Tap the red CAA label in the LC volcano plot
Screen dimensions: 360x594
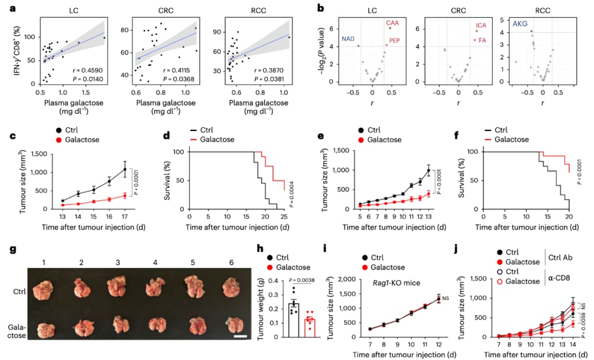click(392, 23)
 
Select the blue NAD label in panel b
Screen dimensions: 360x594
click(348, 39)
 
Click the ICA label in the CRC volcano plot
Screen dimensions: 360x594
click(481, 25)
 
